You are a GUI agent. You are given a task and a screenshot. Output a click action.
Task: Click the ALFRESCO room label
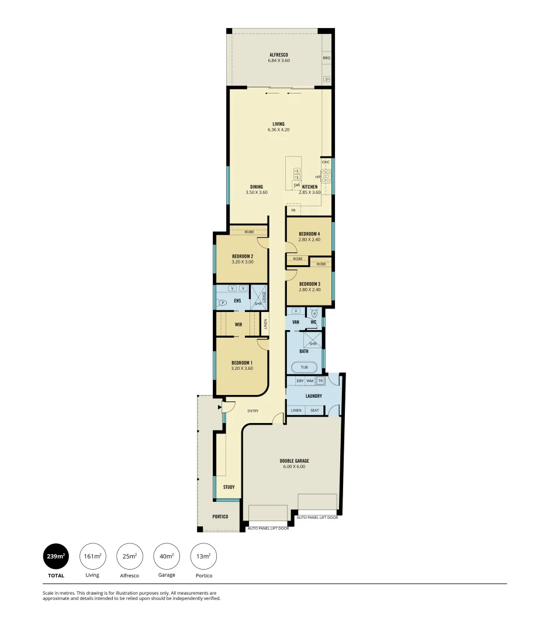278,54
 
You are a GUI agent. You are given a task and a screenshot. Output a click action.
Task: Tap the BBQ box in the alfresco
327,58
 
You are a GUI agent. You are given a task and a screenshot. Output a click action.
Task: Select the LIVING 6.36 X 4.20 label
278,124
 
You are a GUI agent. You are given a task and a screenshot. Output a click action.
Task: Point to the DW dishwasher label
296,185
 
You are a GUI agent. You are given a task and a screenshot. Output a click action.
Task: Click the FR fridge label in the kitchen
293,210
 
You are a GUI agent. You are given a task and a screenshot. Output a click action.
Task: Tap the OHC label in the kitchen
326,162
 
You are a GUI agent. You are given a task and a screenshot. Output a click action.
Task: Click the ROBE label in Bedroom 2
241,232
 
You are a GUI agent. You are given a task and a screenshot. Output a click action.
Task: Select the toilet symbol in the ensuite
222,303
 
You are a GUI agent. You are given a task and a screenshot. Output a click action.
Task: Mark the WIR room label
238,324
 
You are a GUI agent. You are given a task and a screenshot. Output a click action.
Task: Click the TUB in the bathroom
304,367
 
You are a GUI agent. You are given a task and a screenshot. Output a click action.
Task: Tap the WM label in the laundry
310,381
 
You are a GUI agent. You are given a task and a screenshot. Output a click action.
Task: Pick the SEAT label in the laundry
314,410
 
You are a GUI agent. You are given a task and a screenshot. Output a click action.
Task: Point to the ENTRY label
252,411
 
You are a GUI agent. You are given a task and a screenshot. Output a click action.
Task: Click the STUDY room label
229,487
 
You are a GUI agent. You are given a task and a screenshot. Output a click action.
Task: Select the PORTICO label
220,517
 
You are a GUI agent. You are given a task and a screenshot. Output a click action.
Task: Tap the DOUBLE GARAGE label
294,460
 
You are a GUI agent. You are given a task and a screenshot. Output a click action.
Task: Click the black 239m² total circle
56,556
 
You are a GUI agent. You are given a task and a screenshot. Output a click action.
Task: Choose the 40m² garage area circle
167,556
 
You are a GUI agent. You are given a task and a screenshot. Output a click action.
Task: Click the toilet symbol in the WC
314,313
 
